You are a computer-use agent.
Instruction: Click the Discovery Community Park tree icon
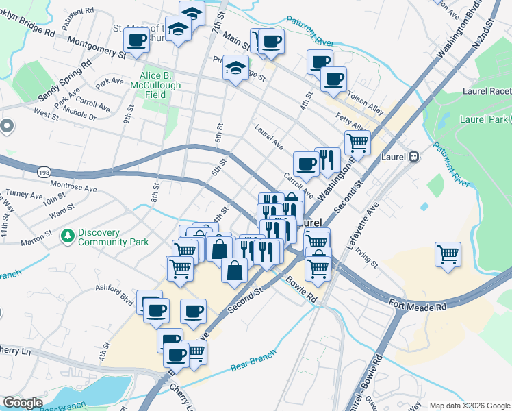point(67,237)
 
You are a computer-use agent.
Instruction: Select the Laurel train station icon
point(413,157)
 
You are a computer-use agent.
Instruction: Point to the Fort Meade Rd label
point(417,304)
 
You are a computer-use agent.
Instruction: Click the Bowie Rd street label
point(301,290)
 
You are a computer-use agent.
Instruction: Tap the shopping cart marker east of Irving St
point(448,255)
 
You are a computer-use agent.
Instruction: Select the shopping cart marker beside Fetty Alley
point(357,142)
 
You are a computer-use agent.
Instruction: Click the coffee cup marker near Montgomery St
point(137,40)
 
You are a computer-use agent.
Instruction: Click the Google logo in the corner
point(23,403)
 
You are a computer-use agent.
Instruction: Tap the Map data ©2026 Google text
point(469,406)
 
